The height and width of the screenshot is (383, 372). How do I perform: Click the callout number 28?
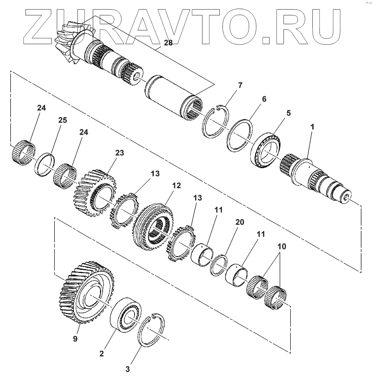(x=168, y=43)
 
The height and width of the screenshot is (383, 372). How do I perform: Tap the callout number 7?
(x=240, y=85)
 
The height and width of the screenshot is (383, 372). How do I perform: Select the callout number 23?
(x=120, y=153)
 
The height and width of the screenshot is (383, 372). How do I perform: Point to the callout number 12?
(x=176, y=185)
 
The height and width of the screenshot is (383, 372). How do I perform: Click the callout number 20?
(x=240, y=222)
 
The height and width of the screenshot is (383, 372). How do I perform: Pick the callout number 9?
(x=75, y=339)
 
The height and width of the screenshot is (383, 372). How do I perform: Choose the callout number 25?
(x=62, y=120)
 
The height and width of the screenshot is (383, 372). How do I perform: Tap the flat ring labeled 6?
(x=240, y=136)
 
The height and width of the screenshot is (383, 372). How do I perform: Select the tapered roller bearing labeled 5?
(x=267, y=150)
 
